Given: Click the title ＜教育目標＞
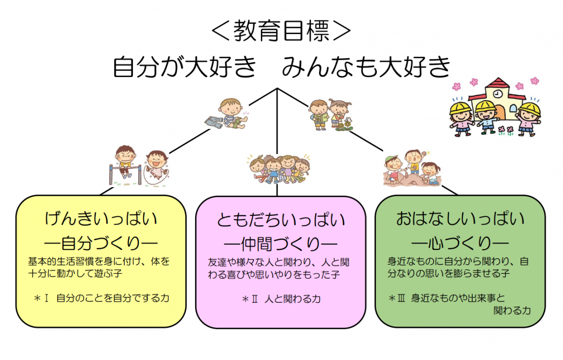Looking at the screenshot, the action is pyautogui.click(x=281, y=31).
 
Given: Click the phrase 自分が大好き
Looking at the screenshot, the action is pyautogui.click(x=185, y=67).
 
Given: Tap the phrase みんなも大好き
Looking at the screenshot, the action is pyautogui.click(x=366, y=67).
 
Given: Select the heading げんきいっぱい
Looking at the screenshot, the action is pyautogui.click(x=101, y=219).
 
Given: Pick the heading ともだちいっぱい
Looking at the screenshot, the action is pyautogui.click(x=281, y=220).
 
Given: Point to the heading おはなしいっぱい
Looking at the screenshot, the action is pyautogui.click(x=460, y=219).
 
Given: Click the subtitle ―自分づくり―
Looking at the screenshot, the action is pyautogui.click(x=101, y=243).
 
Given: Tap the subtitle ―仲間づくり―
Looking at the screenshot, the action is pyautogui.click(x=281, y=244).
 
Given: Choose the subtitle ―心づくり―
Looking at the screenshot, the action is pyautogui.click(x=460, y=243).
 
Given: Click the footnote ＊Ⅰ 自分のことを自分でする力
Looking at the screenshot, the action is pyautogui.click(x=101, y=298).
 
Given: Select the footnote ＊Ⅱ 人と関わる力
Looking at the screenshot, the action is pyautogui.click(x=281, y=299).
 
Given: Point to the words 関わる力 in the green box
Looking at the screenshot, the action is pyautogui.click(x=512, y=311).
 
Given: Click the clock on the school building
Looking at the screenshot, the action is pyautogui.click(x=497, y=94).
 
